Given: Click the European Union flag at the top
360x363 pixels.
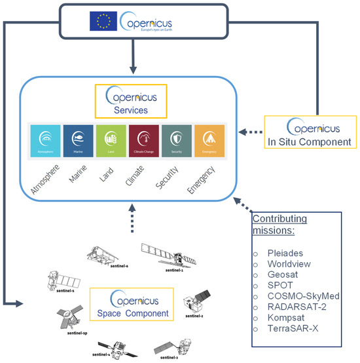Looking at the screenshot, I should tap(104, 22).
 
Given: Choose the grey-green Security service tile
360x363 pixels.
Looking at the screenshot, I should tap(176, 139).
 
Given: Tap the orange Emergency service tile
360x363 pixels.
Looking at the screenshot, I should tap(207, 139).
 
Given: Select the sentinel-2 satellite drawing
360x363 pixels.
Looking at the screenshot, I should tap(196, 302).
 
